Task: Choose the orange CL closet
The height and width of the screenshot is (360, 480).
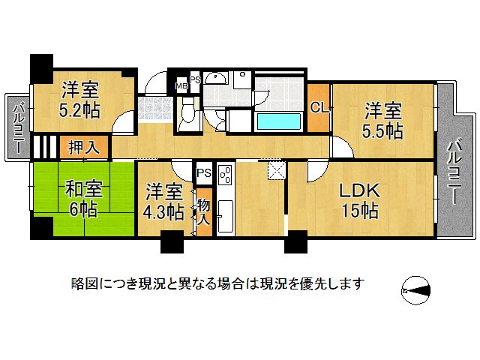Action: (319, 107)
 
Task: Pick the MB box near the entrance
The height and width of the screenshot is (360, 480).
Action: (181, 85)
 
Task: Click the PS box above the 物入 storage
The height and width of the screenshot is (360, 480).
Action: (203, 173)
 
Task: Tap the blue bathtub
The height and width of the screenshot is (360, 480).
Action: (280, 121)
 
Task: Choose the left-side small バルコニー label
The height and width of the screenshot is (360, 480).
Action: (17, 127)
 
